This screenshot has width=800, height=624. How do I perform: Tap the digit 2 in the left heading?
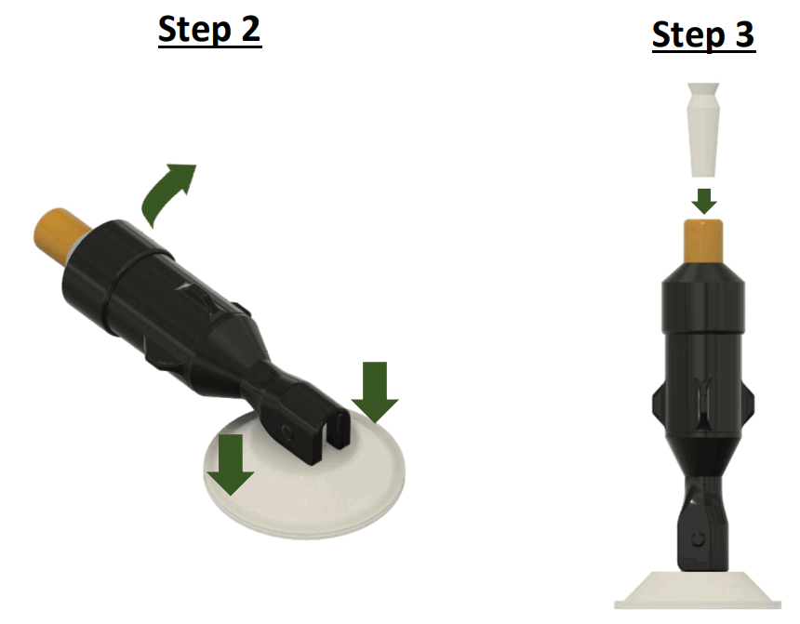pos(247,30)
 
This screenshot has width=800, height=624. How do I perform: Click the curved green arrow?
pos(167,191)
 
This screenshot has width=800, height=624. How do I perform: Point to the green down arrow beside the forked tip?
pos(374,391)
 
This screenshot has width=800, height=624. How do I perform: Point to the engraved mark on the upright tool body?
pos(703,395)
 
